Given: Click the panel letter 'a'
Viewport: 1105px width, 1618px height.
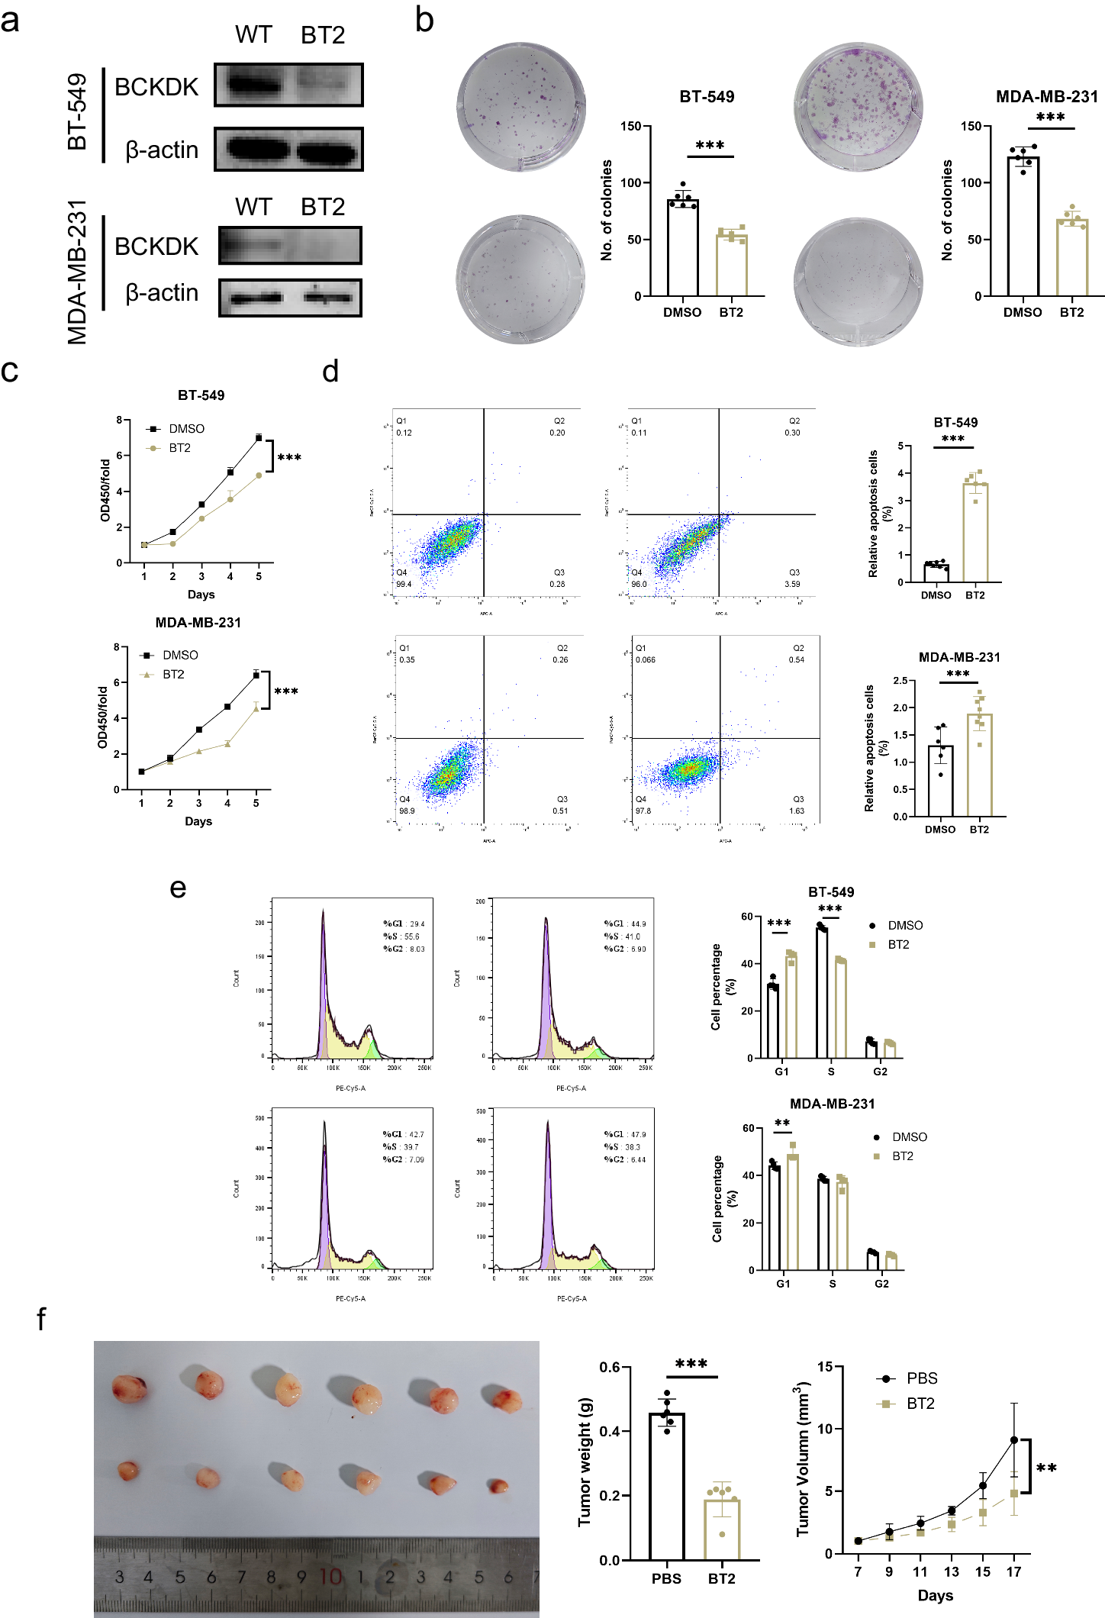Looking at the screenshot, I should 10,21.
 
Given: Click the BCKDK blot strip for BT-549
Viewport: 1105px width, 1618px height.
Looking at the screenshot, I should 288,85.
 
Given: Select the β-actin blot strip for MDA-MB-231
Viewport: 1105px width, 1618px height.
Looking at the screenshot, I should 290,298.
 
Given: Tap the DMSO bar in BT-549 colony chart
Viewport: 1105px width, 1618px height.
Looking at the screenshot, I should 682,247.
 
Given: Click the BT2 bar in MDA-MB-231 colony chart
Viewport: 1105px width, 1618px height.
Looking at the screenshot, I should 1071,257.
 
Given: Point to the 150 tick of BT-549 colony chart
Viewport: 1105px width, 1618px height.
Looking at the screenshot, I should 630,126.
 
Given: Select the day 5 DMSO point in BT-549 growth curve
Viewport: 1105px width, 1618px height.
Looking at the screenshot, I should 259,438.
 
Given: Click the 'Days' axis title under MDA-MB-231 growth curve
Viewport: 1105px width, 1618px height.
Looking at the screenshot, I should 198,821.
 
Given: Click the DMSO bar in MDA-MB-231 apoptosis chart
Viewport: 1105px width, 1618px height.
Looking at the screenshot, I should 940,781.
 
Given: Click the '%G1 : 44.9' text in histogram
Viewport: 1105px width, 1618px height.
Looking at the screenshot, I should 625,923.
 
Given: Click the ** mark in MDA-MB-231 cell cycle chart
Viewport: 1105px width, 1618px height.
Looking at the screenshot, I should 782,1123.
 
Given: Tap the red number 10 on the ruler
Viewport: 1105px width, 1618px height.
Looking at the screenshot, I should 330,1577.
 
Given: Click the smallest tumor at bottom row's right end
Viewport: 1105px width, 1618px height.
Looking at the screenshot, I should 498,1485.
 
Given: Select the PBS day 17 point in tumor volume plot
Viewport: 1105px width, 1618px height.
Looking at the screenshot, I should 1013,1440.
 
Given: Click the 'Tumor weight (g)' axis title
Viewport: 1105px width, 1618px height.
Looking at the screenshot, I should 585,1462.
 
